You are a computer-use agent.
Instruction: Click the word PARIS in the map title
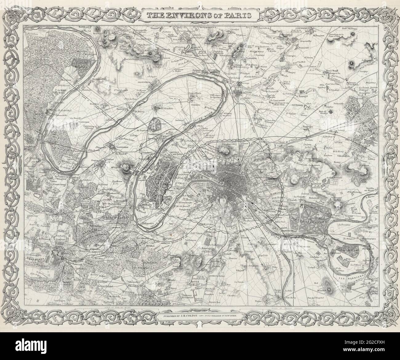(238, 15)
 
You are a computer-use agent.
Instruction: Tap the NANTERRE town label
(121, 147)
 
